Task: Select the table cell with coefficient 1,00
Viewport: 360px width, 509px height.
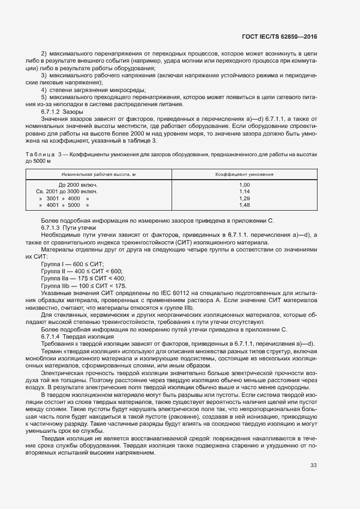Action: click(244, 185)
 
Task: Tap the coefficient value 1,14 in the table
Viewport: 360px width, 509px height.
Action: click(244, 192)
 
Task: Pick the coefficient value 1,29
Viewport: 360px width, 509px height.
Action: click(244, 199)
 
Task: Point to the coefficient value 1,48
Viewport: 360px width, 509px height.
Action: click(244, 205)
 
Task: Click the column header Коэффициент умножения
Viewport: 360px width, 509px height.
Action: click(244, 174)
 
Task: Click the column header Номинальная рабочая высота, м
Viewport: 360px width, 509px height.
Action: click(99, 174)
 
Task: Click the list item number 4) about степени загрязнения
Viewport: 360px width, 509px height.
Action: click(44, 89)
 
